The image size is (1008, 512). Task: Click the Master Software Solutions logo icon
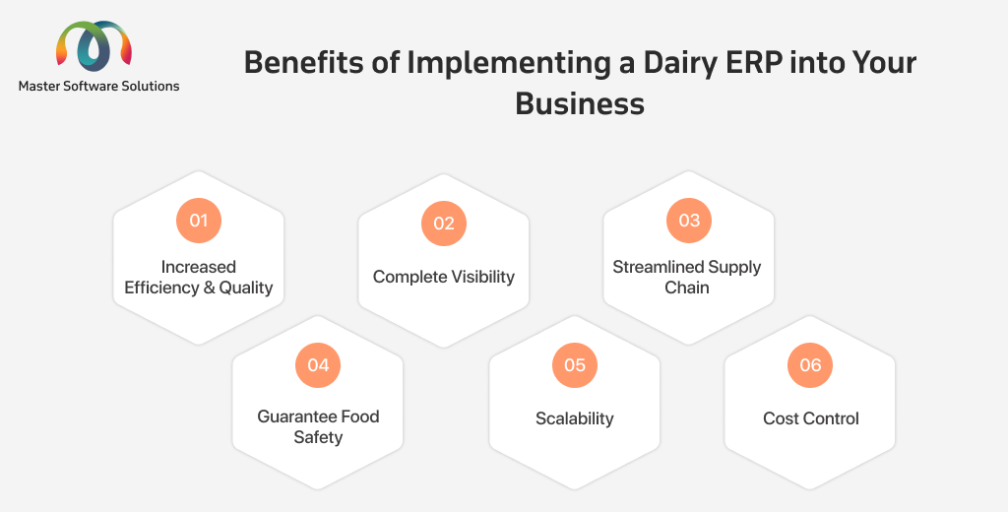[x=94, y=45]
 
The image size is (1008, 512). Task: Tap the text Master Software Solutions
[x=99, y=87]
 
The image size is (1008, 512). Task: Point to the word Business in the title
[x=580, y=103]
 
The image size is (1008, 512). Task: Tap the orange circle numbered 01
[x=199, y=221]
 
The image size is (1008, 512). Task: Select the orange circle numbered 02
[x=444, y=224]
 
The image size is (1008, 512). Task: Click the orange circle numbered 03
[x=688, y=221]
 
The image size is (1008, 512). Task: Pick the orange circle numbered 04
[x=318, y=365]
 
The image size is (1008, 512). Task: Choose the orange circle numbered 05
[x=575, y=365]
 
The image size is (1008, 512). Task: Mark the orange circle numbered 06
[x=810, y=365]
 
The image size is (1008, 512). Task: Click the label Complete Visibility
[x=444, y=278]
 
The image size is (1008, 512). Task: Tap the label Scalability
[x=575, y=418]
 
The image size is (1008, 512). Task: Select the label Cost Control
[x=811, y=418]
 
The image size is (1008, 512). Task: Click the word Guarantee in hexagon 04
[x=296, y=416]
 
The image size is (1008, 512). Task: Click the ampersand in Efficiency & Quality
[x=209, y=288]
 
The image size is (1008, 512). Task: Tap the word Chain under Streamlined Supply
[x=686, y=288]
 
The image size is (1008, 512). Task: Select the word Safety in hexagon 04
[x=318, y=438]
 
